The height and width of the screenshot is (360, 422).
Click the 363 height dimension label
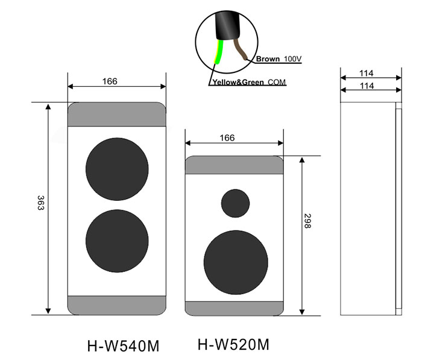click(x=40, y=203)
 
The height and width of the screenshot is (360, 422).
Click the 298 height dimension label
click(x=307, y=221)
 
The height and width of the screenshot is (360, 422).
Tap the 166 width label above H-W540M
click(x=110, y=81)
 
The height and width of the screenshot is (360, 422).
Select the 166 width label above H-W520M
click(x=227, y=138)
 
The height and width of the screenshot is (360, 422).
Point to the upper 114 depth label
click(x=367, y=73)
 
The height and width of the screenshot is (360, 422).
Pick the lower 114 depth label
click(x=367, y=86)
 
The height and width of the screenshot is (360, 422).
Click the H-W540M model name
click(x=123, y=346)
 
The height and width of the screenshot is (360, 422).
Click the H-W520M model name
click(x=233, y=344)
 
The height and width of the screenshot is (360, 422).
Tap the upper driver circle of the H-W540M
click(x=117, y=169)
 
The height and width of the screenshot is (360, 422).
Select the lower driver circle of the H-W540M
click(x=117, y=241)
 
